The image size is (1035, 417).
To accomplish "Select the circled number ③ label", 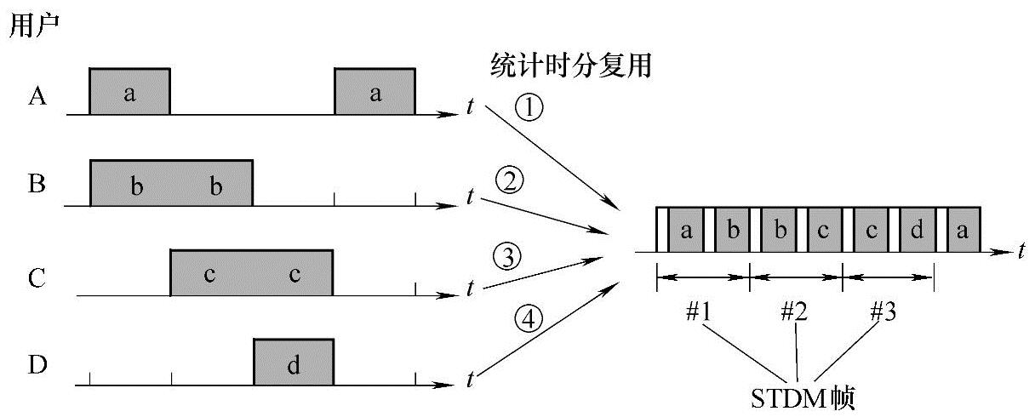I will (x=507, y=255).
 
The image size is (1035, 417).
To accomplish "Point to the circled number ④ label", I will (x=528, y=320).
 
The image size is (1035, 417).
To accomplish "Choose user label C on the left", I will (x=37, y=277).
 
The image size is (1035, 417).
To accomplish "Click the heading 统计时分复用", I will (x=571, y=65).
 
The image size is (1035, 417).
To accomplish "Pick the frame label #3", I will (x=883, y=312).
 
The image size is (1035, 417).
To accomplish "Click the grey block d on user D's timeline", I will (x=294, y=363).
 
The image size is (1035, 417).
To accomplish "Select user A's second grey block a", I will (x=375, y=93).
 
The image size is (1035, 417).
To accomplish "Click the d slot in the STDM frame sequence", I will (x=918, y=230).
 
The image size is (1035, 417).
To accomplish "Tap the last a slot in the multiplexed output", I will (x=963, y=230).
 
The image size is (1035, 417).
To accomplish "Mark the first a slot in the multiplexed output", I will (x=686, y=230).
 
